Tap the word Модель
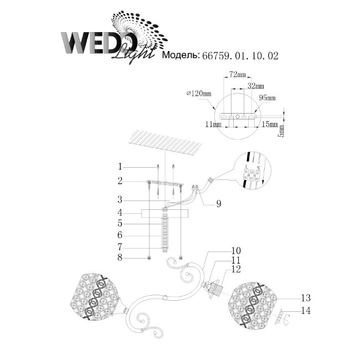click(x=179, y=56)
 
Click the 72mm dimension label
click(x=237, y=74)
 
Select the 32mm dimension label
click(x=255, y=86)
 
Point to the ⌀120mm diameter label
click(x=200, y=95)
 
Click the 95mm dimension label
click(x=268, y=97)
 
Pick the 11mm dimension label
click(x=212, y=126)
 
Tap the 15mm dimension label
click(x=270, y=126)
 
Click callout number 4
click(x=120, y=213)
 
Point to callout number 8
click(x=120, y=258)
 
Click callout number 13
click(x=304, y=297)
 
